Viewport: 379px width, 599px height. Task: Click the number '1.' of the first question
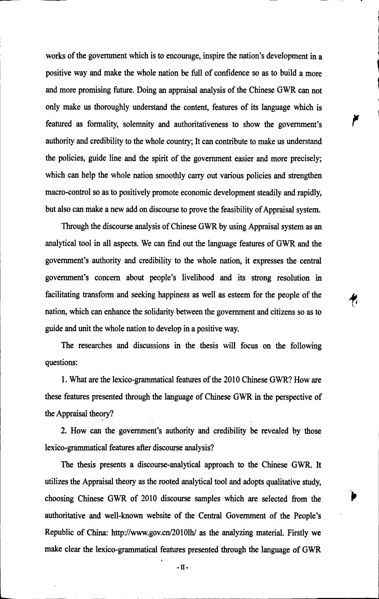point(64,380)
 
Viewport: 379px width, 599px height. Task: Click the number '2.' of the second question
point(64,431)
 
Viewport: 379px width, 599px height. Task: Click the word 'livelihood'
point(197,278)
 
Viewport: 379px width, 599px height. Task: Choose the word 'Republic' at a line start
point(59,533)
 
